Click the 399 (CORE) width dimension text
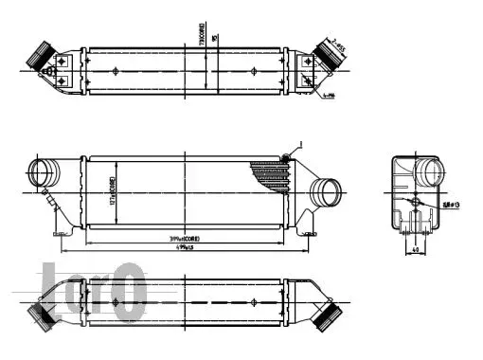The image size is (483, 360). [x=182, y=239]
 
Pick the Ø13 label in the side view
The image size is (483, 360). [x=449, y=204]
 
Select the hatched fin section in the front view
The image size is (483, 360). [x=270, y=176]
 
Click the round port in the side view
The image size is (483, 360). [x=431, y=174]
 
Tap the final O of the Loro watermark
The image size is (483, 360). [x=129, y=290]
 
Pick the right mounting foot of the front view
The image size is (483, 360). [x=307, y=228]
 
